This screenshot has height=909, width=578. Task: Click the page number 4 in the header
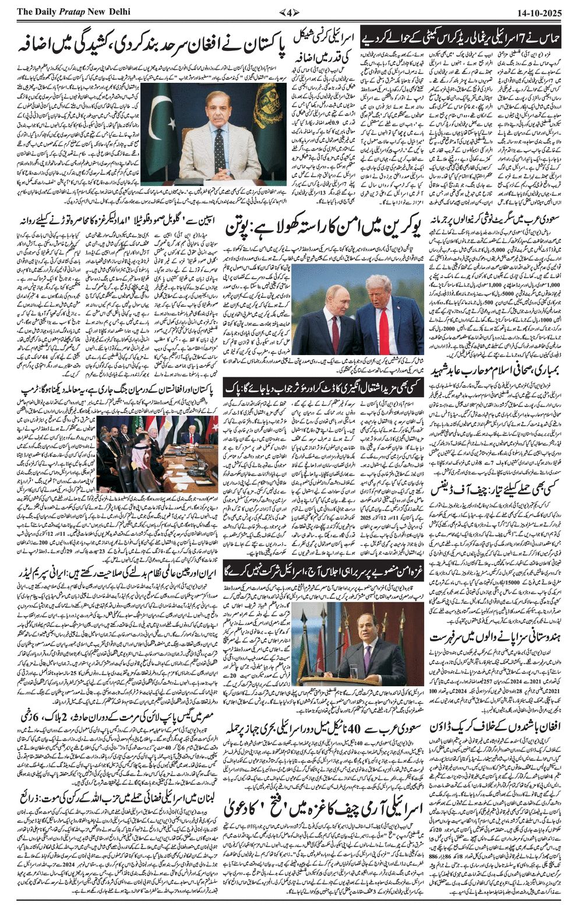[289, 12]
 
